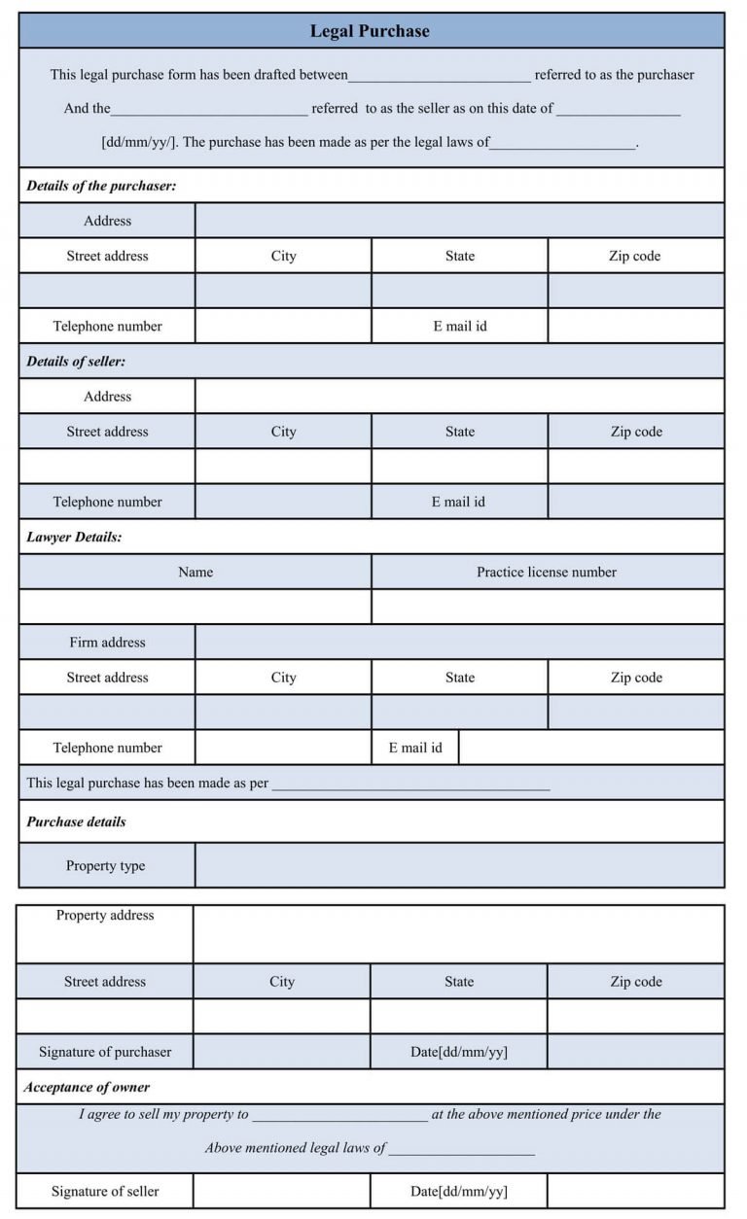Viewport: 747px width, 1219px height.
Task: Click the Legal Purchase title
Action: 370,31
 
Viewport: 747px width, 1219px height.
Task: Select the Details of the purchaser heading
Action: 101,186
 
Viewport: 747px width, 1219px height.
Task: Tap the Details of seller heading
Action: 76,362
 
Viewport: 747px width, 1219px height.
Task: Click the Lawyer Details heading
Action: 74,537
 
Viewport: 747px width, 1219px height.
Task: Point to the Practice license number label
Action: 547,573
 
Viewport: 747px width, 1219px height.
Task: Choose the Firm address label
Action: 107,643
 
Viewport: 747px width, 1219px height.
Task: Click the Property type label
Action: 105,866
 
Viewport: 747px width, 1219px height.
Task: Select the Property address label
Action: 105,916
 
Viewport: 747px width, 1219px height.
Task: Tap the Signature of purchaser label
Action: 105,1052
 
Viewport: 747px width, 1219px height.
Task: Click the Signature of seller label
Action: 105,1192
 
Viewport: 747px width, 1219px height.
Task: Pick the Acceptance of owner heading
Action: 87,1088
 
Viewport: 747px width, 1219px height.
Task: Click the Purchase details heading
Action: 76,822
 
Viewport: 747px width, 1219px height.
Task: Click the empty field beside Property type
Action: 459,865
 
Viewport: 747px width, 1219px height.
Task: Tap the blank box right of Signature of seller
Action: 281,1191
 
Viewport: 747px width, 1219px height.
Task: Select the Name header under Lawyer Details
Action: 196,573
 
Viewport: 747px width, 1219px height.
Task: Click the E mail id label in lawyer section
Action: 415,749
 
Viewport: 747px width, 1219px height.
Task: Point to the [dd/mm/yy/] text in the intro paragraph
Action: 139,142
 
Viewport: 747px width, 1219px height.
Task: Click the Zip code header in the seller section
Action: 636,432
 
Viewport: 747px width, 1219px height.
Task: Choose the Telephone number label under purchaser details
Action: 107,327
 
